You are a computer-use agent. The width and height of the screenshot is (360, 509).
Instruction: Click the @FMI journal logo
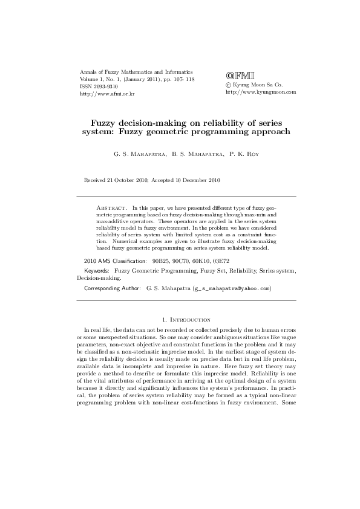click(235, 76)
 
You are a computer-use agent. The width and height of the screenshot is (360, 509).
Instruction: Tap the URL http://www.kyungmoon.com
click(260, 92)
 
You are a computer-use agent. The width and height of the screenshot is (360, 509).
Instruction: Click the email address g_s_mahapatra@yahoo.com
click(232, 289)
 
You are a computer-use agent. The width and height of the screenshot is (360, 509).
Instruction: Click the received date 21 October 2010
click(128, 180)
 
